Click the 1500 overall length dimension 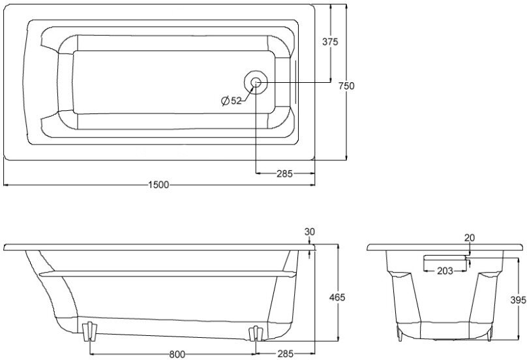tap(158, 185)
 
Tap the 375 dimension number tap(330, 41)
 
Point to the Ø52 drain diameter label tap(231, 100)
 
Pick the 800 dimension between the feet tap(175, 354)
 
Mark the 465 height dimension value tap(337, 297)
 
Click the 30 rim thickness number tap(309, 232)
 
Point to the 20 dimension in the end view tap(470, 237)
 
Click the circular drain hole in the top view tap(255, 83)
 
